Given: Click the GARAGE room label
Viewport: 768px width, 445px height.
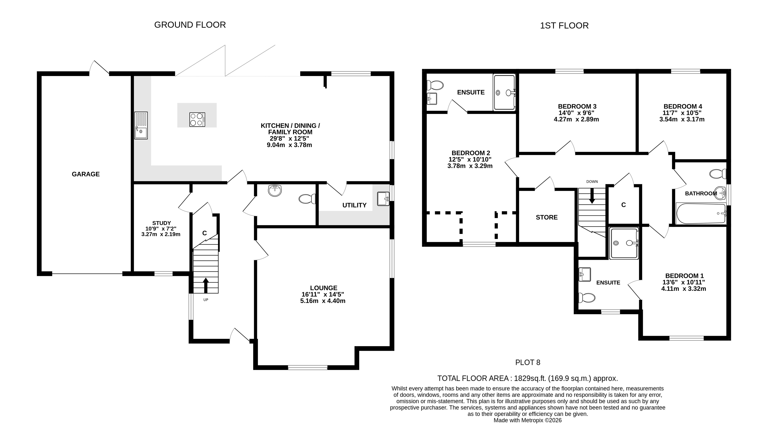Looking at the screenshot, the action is point(86,174).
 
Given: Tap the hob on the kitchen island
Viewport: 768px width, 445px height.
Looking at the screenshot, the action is point(197,120).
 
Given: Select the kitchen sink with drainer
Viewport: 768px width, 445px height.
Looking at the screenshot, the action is point(141,125).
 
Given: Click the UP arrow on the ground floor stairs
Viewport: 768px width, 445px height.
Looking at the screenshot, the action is point(206,285).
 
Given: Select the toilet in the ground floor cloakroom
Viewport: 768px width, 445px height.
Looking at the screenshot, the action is point(307,199).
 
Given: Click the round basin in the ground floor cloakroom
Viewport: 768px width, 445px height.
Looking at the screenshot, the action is point(275,191).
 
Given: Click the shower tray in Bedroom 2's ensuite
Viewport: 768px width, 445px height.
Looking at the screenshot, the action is point(504,92).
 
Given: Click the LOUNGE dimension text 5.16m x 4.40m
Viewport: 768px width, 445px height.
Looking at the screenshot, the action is point(323,301).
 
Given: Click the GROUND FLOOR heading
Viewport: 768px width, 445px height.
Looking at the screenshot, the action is point(190,25).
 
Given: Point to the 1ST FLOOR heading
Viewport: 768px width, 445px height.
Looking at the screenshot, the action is point(564,26).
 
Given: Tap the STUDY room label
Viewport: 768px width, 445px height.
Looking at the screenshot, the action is point(162,223).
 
